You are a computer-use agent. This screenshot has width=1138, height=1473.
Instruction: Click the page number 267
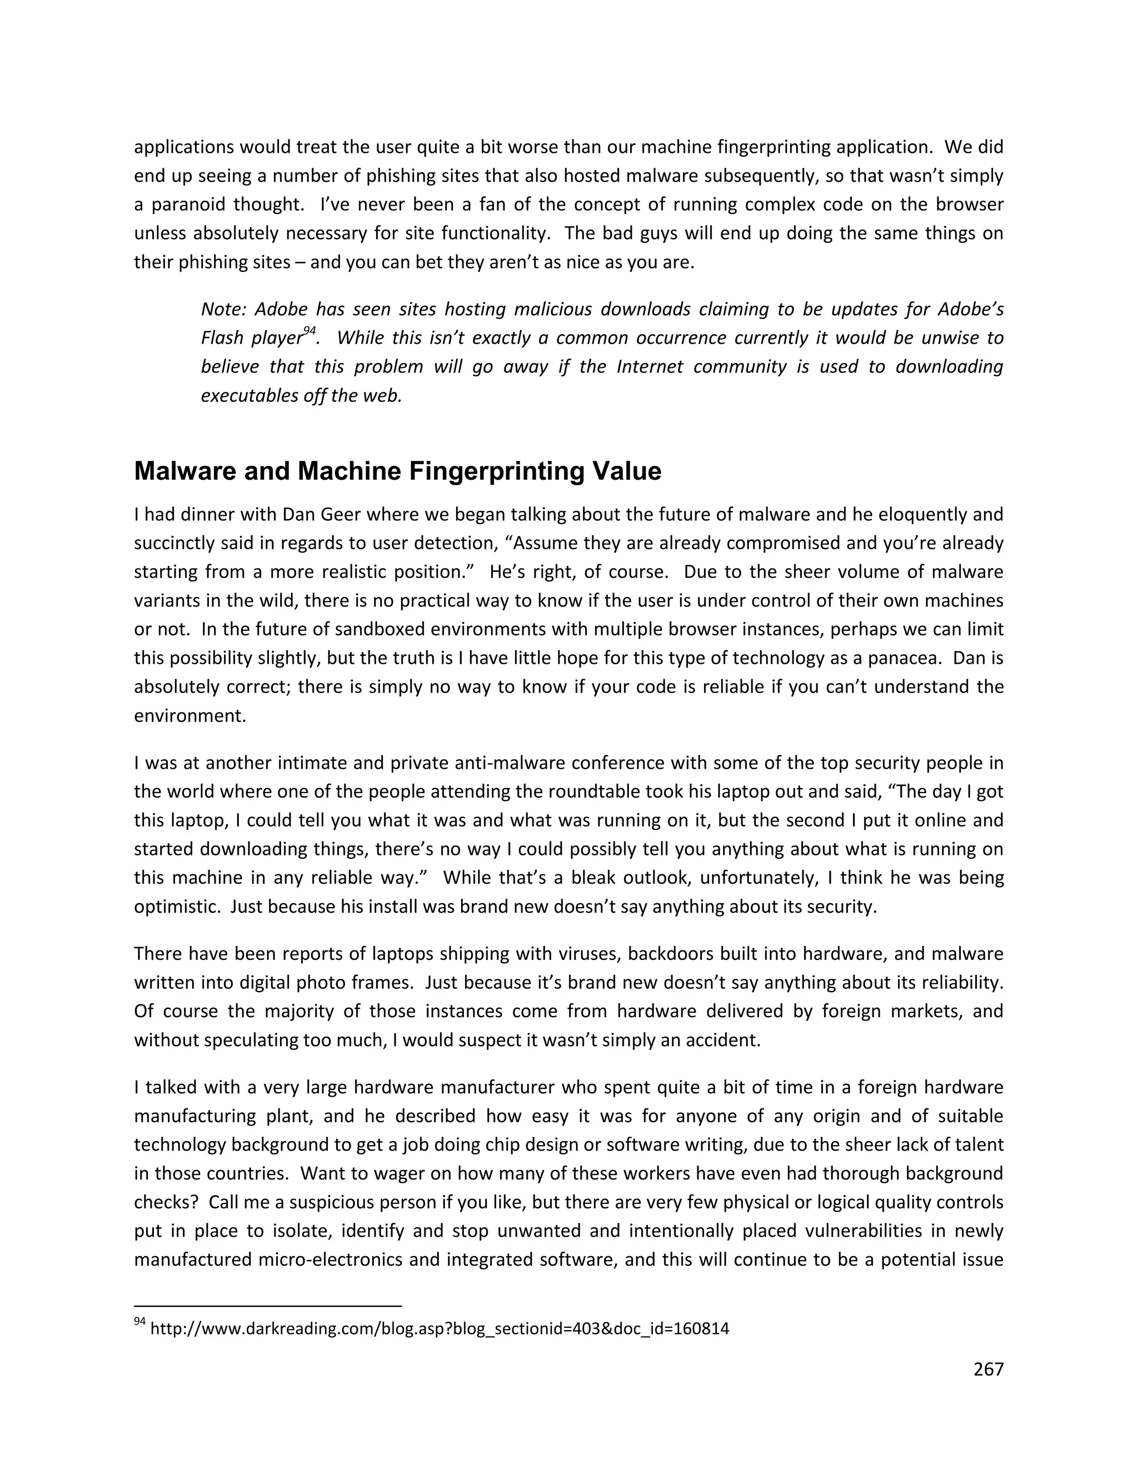989,1369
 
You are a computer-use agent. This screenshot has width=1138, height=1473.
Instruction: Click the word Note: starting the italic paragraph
224,310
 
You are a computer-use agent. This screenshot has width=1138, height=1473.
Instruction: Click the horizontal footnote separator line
268,1306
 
